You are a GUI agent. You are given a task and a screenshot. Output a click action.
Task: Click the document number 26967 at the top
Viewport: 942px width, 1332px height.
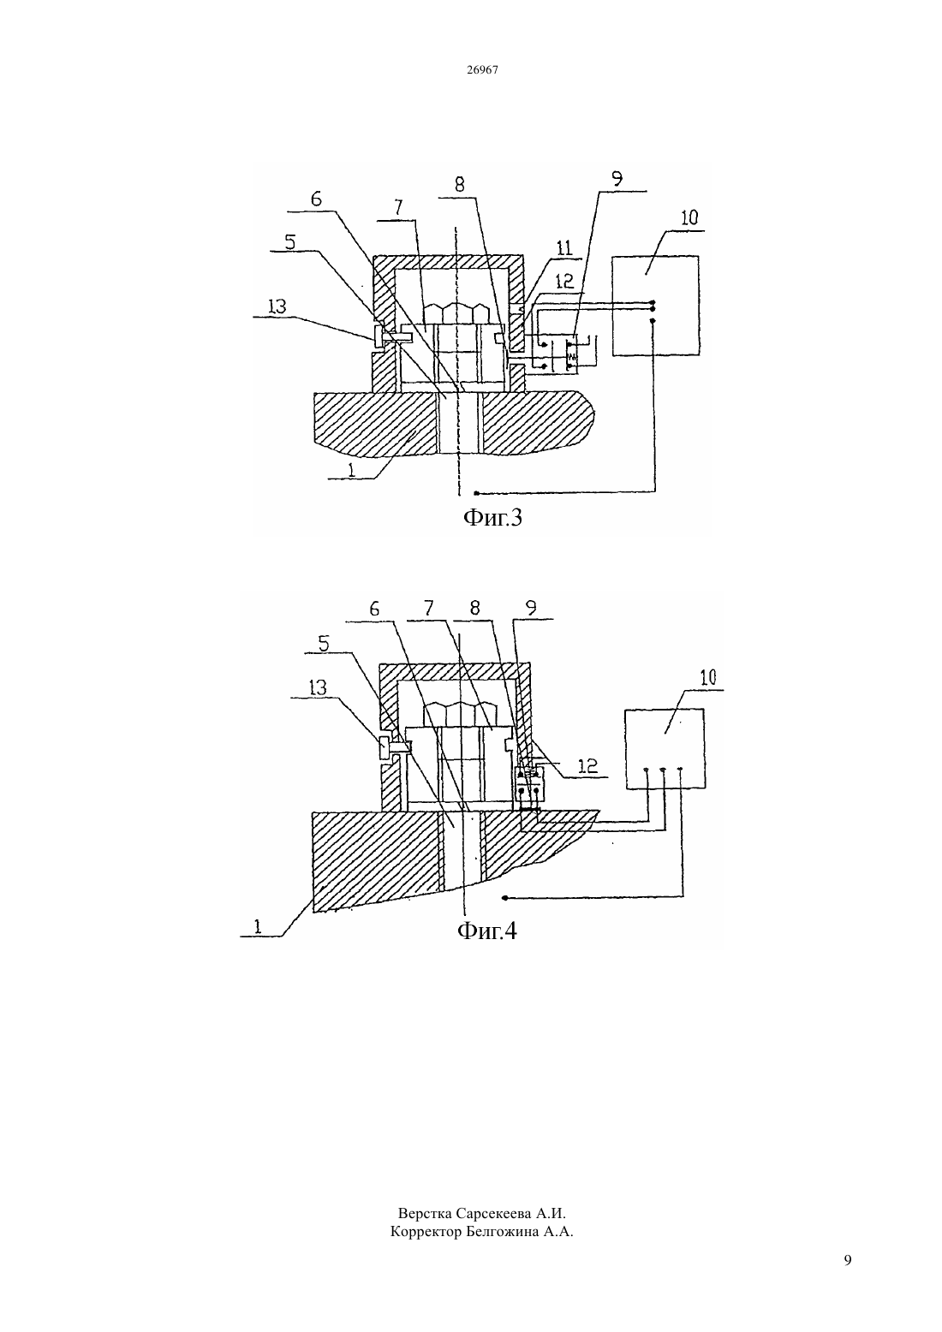tap(482, 70)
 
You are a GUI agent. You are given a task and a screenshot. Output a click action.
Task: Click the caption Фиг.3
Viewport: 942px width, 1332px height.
tap(492, 517)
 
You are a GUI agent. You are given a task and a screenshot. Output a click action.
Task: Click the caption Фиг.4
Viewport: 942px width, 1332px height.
tap(487, 930)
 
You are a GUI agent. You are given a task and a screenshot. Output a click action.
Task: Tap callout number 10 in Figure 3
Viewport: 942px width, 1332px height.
tap(689, 217)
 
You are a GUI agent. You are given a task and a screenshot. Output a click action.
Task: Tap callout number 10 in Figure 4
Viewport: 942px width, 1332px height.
tap(708, 677)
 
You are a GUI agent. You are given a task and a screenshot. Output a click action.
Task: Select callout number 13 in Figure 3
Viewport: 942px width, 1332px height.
tap(277, 306)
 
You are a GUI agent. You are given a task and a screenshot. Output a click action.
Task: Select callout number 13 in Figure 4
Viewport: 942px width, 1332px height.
tap(319, 687)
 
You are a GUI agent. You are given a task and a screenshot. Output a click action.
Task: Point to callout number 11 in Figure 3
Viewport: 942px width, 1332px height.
tap(564, 248)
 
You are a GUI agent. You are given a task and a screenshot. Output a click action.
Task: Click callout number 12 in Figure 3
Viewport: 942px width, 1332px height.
tap(564, 282)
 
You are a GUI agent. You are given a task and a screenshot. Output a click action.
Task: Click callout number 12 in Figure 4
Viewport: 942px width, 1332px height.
tap(588, 765)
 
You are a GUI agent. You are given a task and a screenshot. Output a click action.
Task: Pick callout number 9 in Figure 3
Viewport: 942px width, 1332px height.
tap(617, 178)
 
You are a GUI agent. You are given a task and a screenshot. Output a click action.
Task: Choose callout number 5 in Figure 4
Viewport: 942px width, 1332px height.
tap(324, 644)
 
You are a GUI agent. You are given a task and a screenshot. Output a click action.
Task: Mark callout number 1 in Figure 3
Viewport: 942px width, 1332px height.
tap(351, 470)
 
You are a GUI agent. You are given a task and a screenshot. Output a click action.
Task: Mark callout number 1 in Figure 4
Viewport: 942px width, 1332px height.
tap(258, 926)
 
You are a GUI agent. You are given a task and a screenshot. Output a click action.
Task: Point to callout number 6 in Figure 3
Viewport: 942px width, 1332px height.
tap(316, 199)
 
